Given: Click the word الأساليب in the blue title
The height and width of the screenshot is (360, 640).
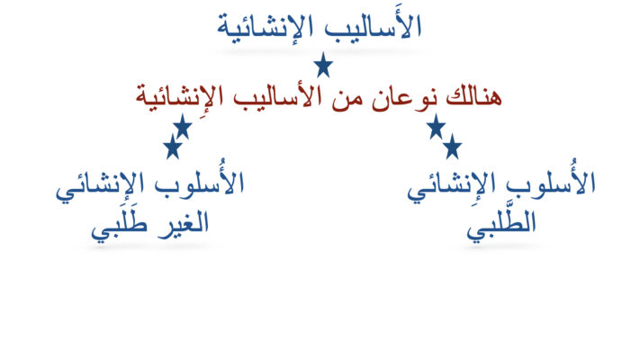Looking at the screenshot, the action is [373, 26].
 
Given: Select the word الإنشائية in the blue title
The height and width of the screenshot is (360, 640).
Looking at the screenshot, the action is [265, 27].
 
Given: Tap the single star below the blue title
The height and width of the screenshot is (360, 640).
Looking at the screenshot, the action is [323, 65].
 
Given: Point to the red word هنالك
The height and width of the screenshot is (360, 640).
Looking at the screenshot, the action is [473, 97].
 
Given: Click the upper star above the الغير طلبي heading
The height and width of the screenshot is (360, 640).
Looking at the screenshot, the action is [183, 127].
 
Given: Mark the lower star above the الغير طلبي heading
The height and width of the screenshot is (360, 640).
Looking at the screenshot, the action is [173, 147].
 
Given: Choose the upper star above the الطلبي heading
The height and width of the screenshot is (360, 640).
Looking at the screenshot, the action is [436, 127].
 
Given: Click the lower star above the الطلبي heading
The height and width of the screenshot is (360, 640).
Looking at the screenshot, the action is [452, 147].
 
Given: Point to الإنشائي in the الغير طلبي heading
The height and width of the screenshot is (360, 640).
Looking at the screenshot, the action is [100, 185].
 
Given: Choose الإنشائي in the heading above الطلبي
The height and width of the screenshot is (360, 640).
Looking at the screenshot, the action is [452, 185].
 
